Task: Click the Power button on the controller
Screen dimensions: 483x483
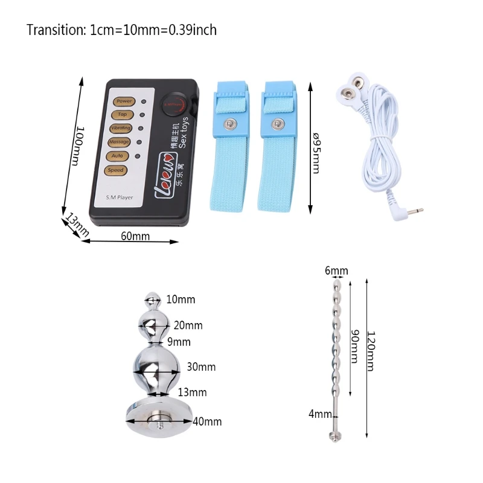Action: [124, 101]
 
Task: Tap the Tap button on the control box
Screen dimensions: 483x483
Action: [122, 115]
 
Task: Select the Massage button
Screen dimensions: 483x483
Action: [119, 142]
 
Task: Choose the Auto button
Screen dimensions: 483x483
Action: [117, 156]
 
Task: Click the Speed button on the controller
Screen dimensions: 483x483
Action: [115, 170]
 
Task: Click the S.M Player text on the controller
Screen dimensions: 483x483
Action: [120, 197]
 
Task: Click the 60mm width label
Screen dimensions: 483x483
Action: [135, 235]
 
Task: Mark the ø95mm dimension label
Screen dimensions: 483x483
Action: [315, 152]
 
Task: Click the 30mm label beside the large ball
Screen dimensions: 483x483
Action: [200, 367]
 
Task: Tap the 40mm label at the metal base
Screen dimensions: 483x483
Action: [207, 421]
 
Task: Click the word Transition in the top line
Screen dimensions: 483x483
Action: [55, 30]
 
